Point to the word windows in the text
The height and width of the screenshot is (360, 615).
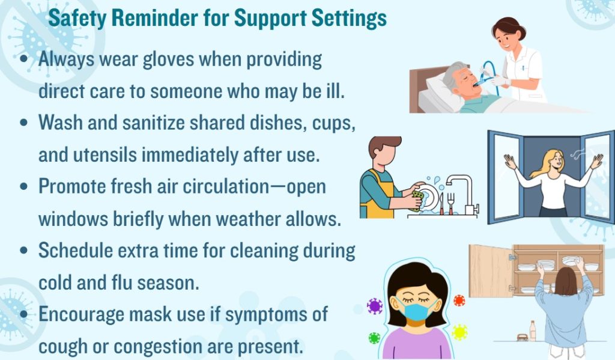click(x=73, y=219)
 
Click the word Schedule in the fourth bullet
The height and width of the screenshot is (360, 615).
click(x=76, y=251)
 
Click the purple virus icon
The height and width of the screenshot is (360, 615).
click(x=375, y=307)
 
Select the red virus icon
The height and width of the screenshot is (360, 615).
click(x=459, y=301)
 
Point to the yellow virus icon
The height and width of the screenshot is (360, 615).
click(x=459, y=332)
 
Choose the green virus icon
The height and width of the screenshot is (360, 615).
click(x=374, y=338)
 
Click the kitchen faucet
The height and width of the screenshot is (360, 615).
click(x=462, y=193)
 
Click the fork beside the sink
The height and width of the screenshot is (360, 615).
click(x=450, y=203)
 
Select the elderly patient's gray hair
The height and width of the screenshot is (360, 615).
click(x=452, y=74)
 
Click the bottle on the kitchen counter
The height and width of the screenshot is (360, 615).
click(x=532, y=331)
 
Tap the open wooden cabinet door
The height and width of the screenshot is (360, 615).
click(x=491, y=271)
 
